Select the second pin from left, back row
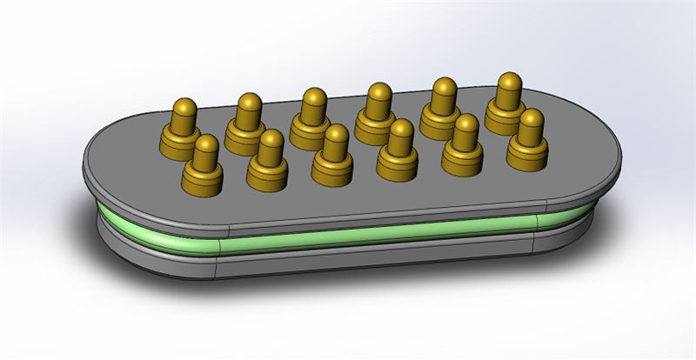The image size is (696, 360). click(248, 117)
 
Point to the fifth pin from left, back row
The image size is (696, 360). click(443, 103)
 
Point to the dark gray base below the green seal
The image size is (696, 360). click(365, 261)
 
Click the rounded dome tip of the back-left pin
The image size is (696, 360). click(184, 107)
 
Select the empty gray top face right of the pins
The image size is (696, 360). click(583, 152)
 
